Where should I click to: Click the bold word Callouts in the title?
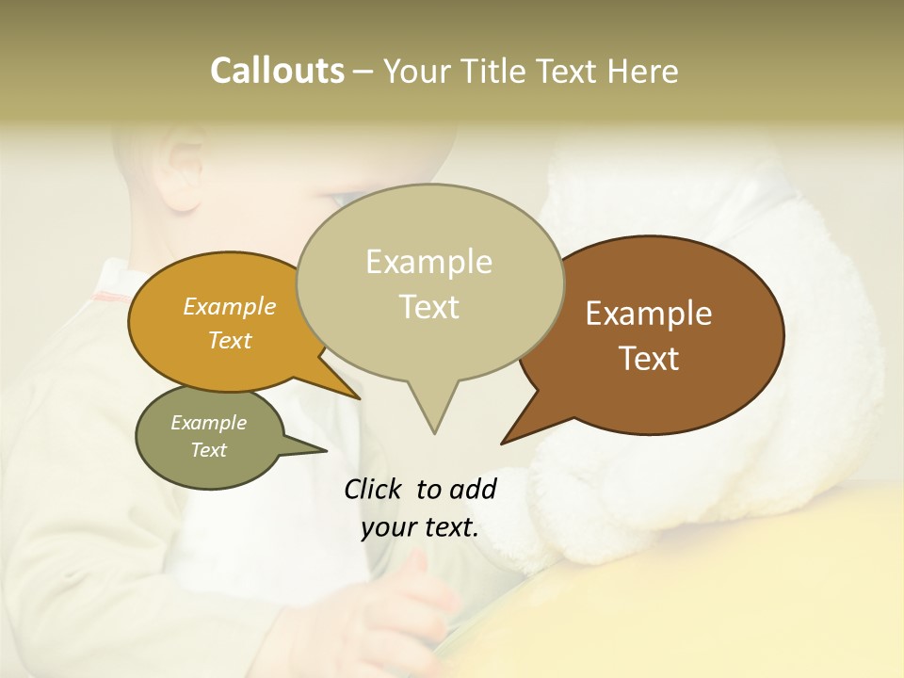[x=277, y=71]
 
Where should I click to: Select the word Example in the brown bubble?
[x=649, y=314]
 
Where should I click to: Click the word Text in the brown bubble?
[x=650, y=359]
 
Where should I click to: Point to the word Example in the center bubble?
[x=428, y=262]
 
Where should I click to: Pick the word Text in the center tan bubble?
[x=429, y=307]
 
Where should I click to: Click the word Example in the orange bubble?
[x=229, y=307]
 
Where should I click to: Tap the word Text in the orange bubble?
[x=229, y=341]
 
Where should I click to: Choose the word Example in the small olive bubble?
[x=208, y=423]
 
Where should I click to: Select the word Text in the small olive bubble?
[x=208, y=450]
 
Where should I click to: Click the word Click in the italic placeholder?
[x=375, y=489]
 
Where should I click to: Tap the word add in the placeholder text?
[x=474, y=489]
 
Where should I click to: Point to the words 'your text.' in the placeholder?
[x=420, y=527]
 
